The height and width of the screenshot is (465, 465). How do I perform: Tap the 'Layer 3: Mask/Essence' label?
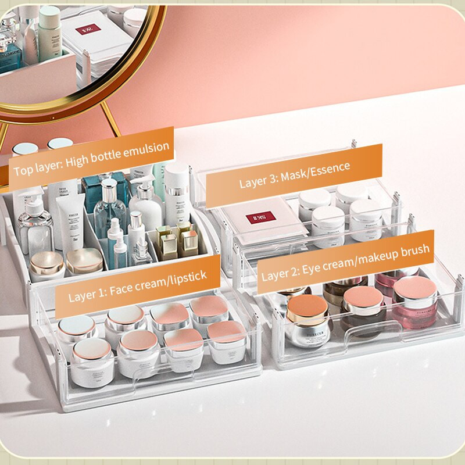pos(295,174)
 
